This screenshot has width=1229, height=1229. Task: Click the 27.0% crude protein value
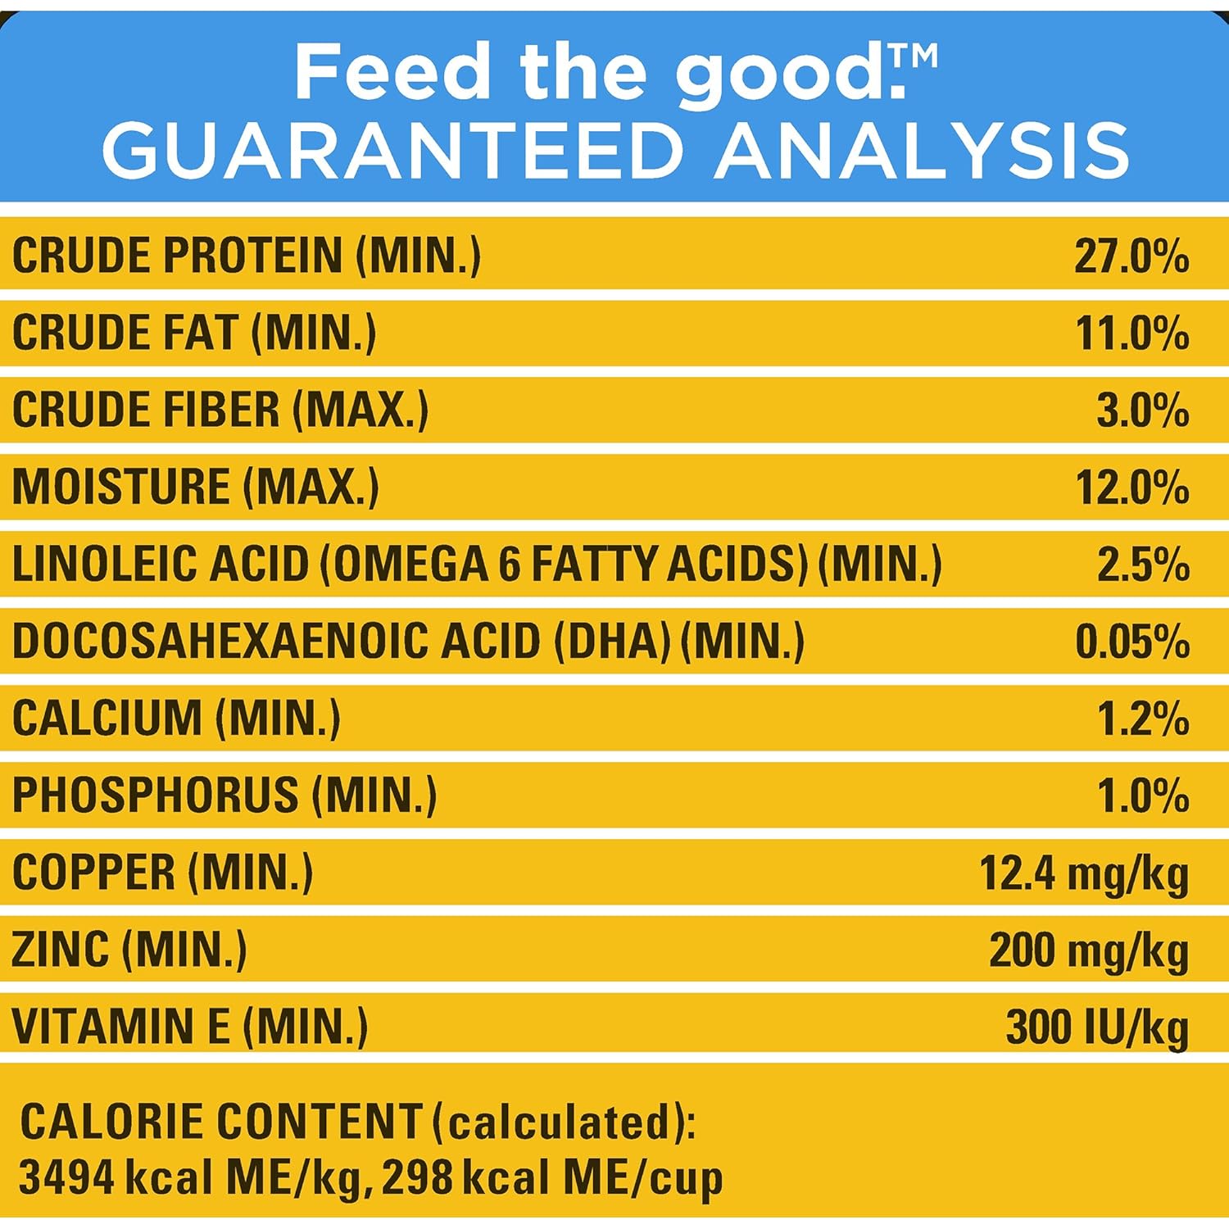[x=1131, y=256]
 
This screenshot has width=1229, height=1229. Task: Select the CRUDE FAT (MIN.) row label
[x=194, y=333]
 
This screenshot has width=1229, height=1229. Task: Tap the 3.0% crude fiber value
[x=1143, y=410]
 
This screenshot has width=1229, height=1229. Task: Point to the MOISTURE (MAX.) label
[x=196, y=487]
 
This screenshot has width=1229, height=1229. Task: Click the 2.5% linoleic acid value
[x=1143, y=564]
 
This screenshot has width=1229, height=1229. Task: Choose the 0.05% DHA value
[x=1132, y=641]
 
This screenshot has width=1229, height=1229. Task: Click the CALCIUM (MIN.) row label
[x=176, y=718]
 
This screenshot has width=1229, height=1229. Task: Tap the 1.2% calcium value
[x=1143, y=718]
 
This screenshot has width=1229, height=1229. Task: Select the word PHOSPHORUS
[x=156, y=795]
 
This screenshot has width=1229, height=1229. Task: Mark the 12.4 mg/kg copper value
[x=1084, y=873]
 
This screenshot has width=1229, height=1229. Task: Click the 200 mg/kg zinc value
[x=1089, y=950]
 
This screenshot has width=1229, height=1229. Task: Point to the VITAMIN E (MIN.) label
[x=189, y=1027]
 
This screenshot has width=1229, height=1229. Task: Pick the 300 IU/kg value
[x=1097, y=1027]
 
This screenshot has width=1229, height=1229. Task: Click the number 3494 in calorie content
[x=66, y=1177]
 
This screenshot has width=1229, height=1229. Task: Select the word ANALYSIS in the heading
[x=922, y=151]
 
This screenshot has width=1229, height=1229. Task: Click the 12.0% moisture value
[x=1132, y=487]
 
